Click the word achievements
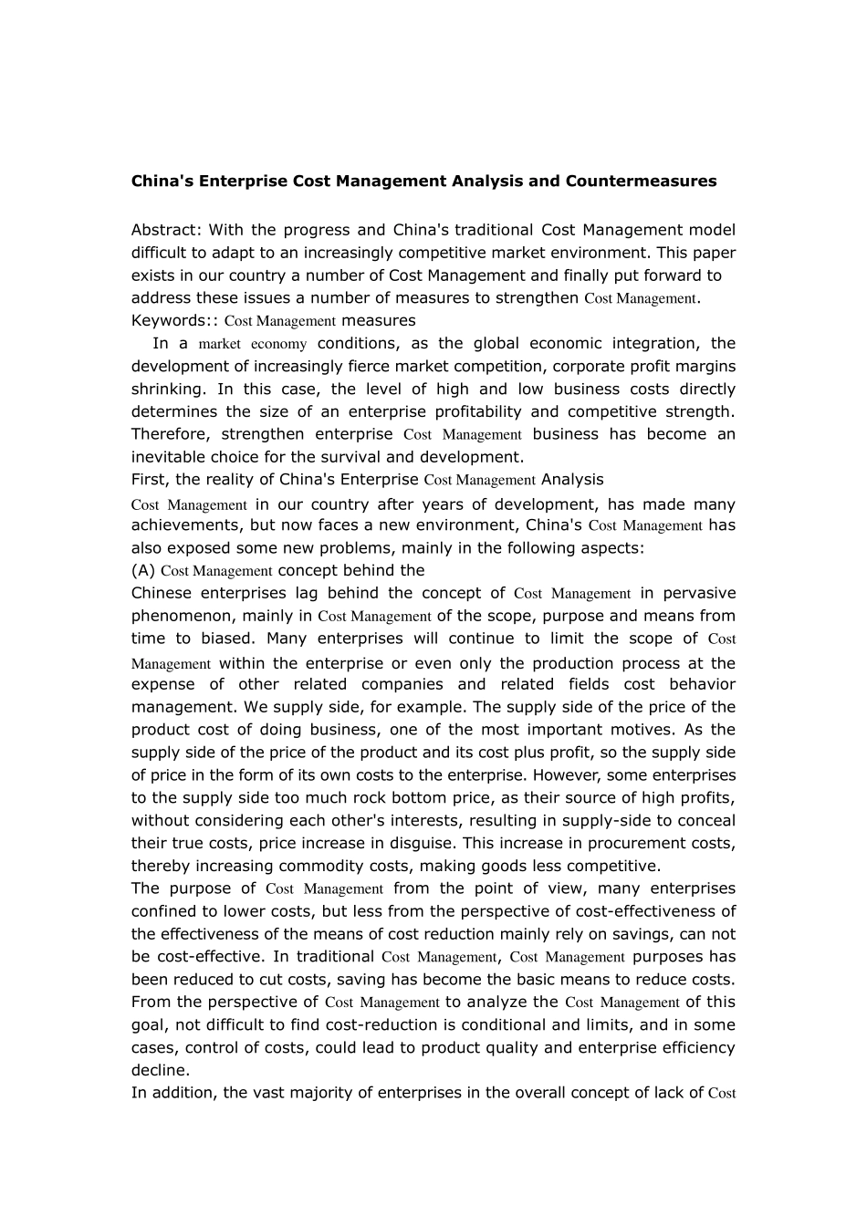(x=184, y=525)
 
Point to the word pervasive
(x=699, y=593)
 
